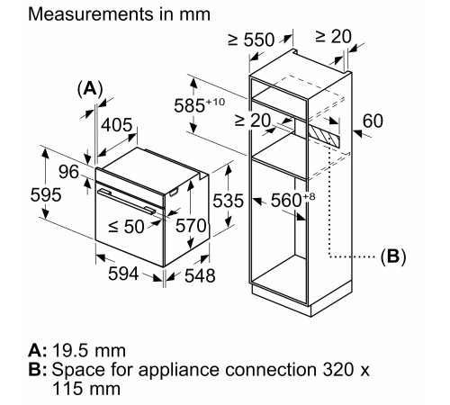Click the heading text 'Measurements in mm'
[x=107, y=14]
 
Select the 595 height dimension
[x=20, y=195]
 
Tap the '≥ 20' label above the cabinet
[x=334, y=37]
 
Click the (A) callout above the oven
[x=90, y=88]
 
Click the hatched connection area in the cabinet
[x=325, y=137]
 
